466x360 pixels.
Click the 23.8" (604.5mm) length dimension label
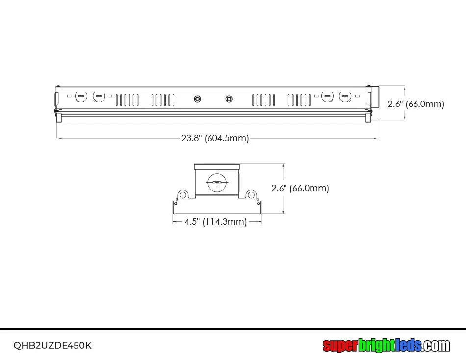coord(215,138)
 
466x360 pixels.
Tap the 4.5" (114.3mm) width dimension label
coord(216,222)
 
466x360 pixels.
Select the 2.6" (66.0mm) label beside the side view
coord(416,104)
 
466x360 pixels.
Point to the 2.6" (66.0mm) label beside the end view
coord(300,188)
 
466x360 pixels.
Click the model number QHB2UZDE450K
coord(52,345)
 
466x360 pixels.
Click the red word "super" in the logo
coord(340,346)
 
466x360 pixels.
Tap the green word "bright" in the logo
coord(377,345)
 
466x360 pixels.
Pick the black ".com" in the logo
coord(436,346)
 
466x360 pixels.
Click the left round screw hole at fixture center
coord(197,99)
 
